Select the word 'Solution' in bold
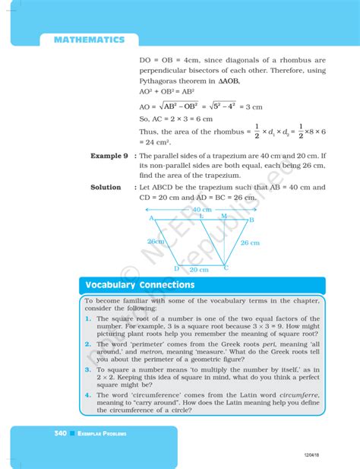click(x=106, y=188)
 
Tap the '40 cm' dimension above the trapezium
click(x=201, y=209)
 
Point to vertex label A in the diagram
click(x=152, y=218)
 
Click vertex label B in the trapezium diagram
click(x=251, y=220)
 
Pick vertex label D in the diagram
click(x=176, y=268)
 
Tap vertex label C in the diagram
click(x=225, y=268)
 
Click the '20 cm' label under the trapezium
click(x=199, y=270)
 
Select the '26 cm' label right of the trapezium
click(x=249, y=242)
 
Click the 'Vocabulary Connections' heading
click(x=140, y=285)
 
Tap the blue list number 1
click(x=89, y=318)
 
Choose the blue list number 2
click(x=89, y=344)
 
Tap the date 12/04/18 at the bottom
click(x=310, y=454)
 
